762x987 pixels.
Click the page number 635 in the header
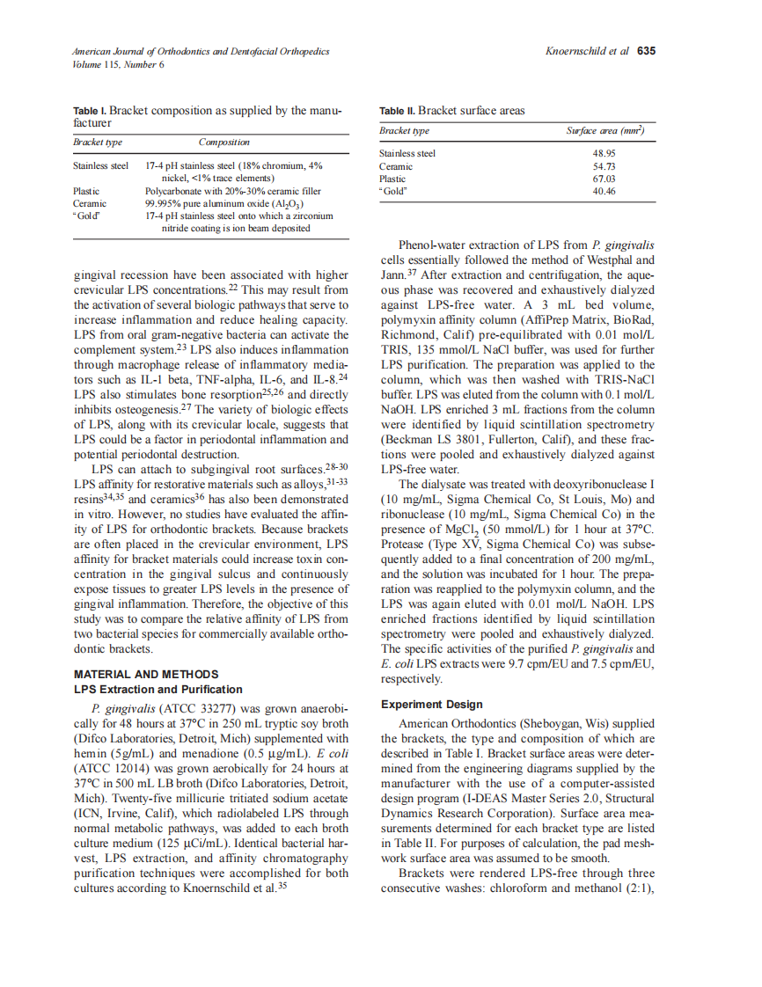pyautogui.click(x=647, y=51)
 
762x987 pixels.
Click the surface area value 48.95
pyautogui.click(x=604, y=153)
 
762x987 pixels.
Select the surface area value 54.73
pyautogui.click(x=604, y=166)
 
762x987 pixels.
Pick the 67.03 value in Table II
pyautogui.click(x=604, y=179)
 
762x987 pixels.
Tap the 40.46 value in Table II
pyautogui.click(x=604, y=191)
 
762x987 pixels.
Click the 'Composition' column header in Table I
pyautogui.click(x=223, y=142)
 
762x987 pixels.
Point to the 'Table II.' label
pyautogui.click(x=397, y=111)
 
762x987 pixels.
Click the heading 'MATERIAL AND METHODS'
pyautogui.click(x=135, y=675)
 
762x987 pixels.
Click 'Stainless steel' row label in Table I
pyautogui.click(x=100, y=165)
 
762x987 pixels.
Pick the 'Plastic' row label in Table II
pyautogui.click(x=393, y=179)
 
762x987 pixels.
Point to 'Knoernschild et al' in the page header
pyautogui.click(x=587, y=51)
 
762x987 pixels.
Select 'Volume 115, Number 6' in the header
pyautogui.click(x=119, y=65)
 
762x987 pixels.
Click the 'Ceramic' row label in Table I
pyautogui.click(x=90, y=203)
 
